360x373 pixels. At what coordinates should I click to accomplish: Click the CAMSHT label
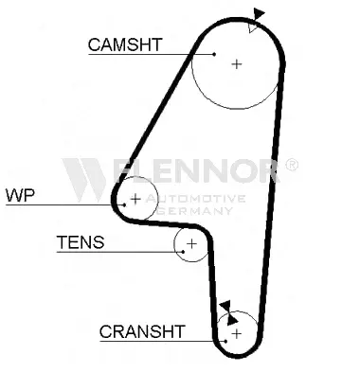pyautogui.click(x=125, y=44)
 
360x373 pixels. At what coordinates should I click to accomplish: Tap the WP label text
pyautogui.click(x=20, y=196)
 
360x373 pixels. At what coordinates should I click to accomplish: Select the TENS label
pyautogui.click(x=81, y=242)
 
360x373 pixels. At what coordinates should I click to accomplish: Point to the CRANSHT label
pyautogui.click(x=142, y=331)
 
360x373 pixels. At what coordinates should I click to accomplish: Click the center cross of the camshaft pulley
pyautogui.click(x=237, y=64)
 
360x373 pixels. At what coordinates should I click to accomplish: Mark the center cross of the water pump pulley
pyautogui.click(x=135, y=199)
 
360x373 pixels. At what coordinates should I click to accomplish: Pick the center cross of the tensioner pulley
pyautogui.click(x=191, y=243)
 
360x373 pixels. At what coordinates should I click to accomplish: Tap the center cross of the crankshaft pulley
pyautogui.click(x=237, y=333)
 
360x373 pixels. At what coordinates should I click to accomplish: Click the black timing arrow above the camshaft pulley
pyautogui.click(x=259, y=14)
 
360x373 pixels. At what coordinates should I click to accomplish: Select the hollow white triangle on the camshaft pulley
pyautogui.click(x=253, y=27)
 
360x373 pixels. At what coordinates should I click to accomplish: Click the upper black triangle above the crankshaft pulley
pyautogui.click(x=225, y=306)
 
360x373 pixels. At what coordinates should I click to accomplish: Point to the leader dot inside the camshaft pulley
pyautogui.click(x=214, y=54)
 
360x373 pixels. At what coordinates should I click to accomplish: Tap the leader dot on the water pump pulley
pyautogui.click(x=125, y=204)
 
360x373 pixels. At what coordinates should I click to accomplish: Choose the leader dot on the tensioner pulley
pyautogui.click(x=183, y=252)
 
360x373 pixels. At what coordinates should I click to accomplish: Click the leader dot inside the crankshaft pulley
pyautogui.click(x=225, y=341)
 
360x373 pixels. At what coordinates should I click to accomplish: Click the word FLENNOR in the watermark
pyautogui.click(x=196, y=170)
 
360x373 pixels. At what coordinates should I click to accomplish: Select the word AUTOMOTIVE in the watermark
pyautogui.click(x=196, y=199)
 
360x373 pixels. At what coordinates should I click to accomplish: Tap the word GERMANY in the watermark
pyautogui.click(x=195, y=210)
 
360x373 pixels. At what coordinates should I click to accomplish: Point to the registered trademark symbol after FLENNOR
pyautogui.click(x=292, y=164)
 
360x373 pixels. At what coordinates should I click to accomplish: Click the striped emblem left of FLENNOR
pyautogui.click(x=84, y=179)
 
